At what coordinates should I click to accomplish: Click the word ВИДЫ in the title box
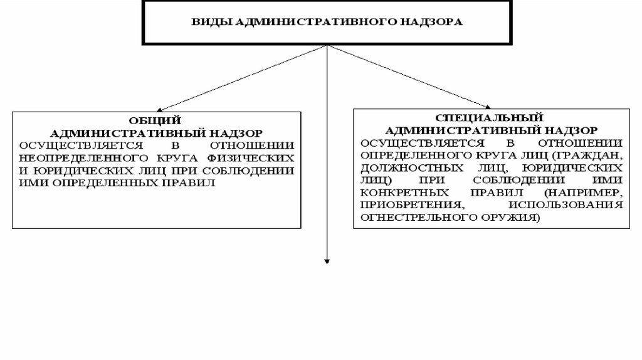pos(204,23)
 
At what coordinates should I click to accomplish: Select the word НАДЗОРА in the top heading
pos(434,23)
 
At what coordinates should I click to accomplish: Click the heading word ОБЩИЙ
pos(155,120)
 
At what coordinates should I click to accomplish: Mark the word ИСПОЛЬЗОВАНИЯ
pos(566,205)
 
